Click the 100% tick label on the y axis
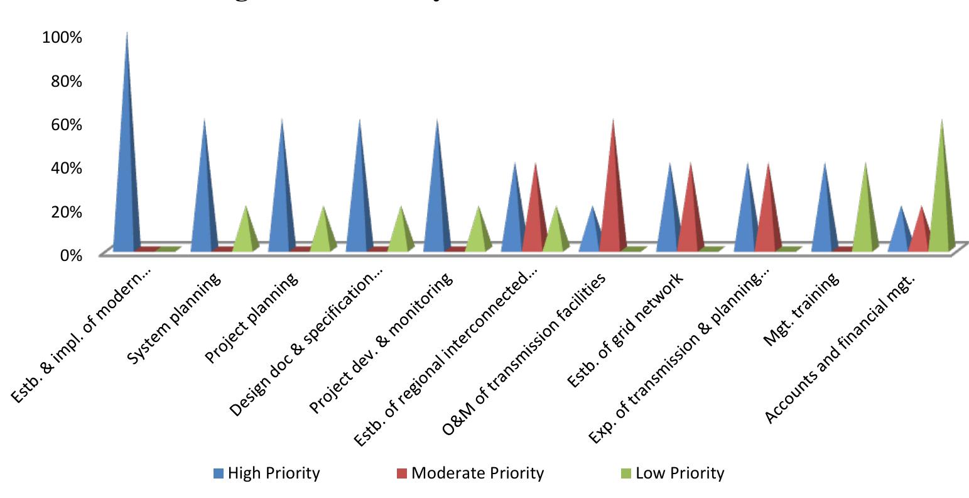[x=62, y=37]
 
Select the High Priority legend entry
[x=266, y=473]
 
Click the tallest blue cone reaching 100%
[x=127, y=157]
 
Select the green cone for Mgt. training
[x=863, y=214]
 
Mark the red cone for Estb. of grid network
[x=690, y=214]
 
